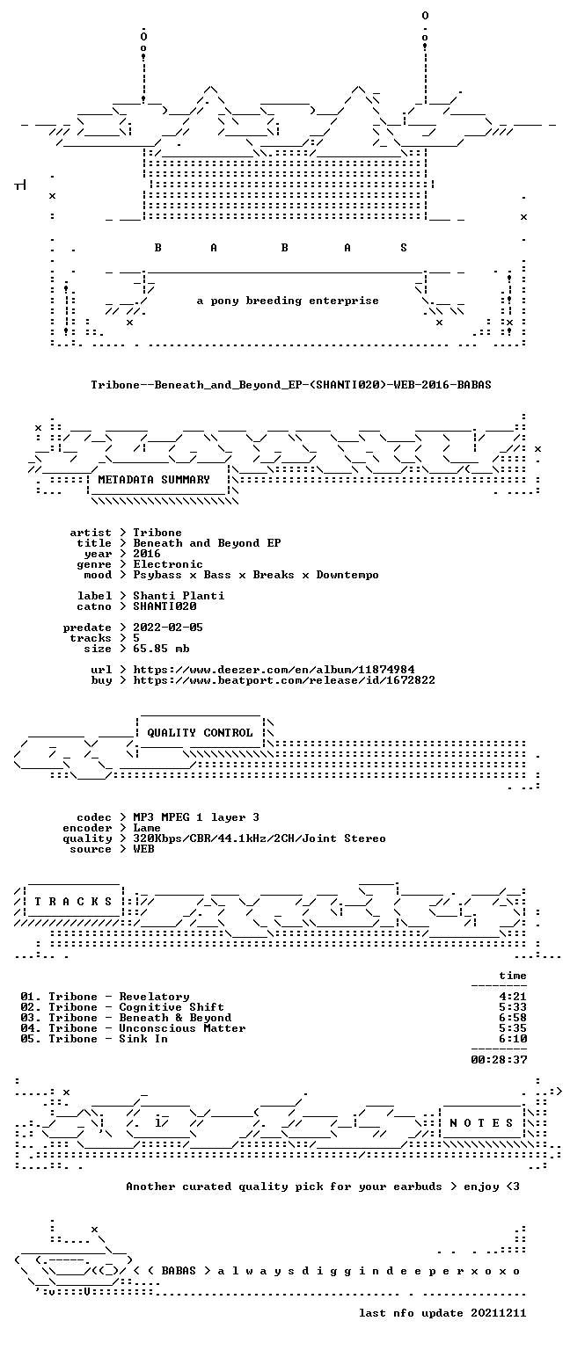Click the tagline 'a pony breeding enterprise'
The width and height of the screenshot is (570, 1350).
click(288, 301)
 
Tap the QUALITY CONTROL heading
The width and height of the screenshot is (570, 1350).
click(201, 733)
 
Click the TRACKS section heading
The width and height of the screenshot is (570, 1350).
click(74, 902)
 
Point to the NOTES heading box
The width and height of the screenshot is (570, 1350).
click(482, 1122)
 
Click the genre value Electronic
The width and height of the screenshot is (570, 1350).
click(168, 565)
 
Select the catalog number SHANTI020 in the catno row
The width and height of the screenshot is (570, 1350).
click(164, 607)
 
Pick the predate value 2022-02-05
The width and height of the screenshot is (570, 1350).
click(168, 628)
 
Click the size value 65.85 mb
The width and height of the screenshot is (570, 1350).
click(162, 650)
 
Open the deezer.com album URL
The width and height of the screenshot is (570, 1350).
click(274, 671)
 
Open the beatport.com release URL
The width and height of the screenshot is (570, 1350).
click(284, 680)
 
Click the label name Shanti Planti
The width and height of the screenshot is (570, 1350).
click(179, 596)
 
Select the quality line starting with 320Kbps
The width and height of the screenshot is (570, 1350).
click(259, 839)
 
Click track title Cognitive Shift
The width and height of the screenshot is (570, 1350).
click(172, 1007)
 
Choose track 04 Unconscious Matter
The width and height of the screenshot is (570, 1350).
click(134, 1028)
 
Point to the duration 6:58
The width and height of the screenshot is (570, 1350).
click(514, 1018)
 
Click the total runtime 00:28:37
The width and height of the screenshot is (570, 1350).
click(500, 1059)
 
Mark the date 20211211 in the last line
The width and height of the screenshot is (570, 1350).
click(499, 1313)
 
